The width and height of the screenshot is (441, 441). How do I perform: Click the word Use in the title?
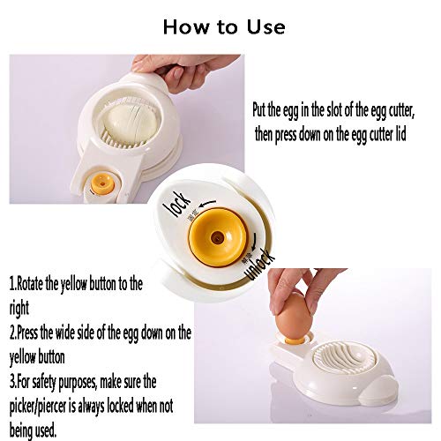point(264,26)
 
